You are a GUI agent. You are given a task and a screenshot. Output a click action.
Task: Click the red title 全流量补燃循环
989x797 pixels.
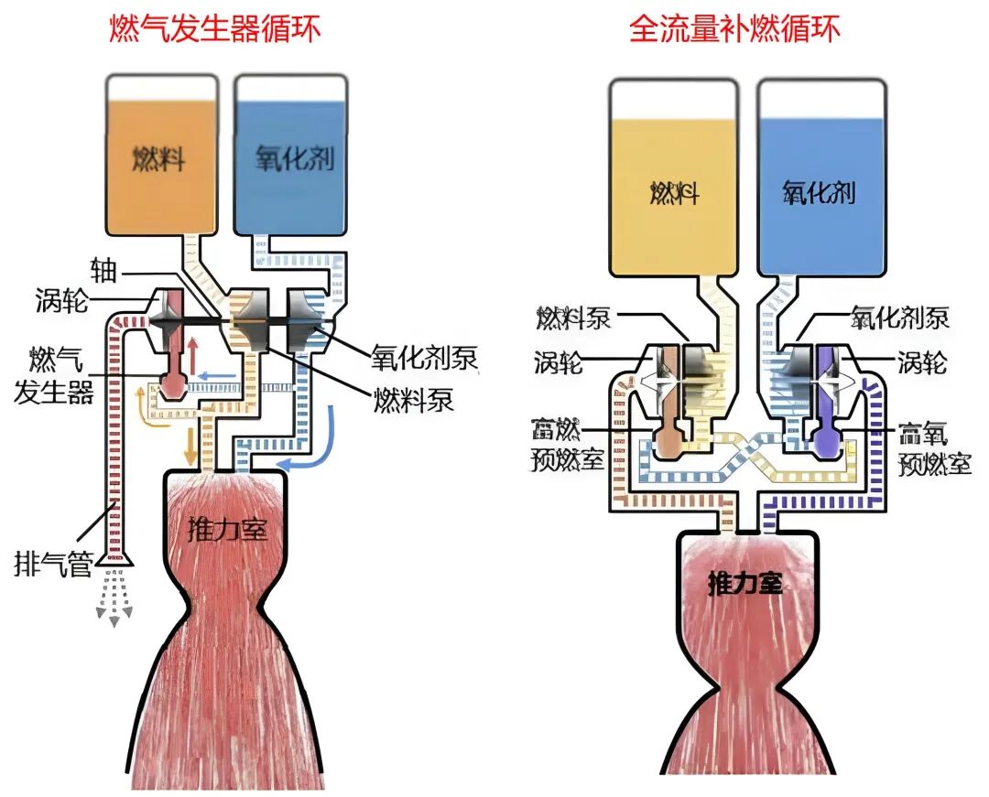[x=735, y=28]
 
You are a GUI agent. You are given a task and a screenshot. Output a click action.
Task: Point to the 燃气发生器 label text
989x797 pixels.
[x=54, y=375]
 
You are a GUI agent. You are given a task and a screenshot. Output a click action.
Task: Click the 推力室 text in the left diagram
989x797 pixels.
[x=228, y=529]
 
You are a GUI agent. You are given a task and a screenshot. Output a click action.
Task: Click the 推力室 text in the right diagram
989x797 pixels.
[x=746, y=582]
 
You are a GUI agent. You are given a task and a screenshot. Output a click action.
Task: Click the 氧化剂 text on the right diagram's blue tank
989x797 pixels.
[x=818, y=192]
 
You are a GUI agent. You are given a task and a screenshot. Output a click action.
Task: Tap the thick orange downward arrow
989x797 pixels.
[x=190, y=445]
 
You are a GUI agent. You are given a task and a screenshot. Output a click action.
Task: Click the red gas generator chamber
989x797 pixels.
[x=172, y=385]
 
